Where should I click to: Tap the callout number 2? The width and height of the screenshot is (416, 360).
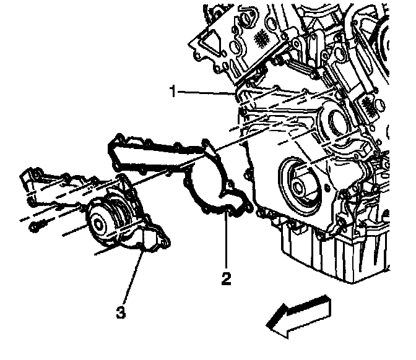226,278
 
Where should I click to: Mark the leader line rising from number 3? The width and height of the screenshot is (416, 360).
132,278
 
